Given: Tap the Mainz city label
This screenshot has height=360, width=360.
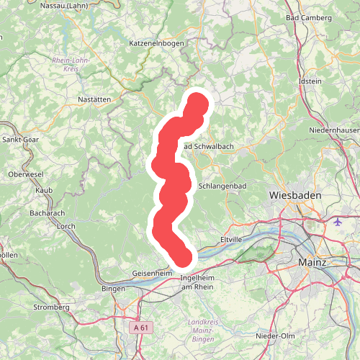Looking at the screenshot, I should tap(312, 264).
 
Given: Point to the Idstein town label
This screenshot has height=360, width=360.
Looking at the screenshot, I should tap(310, 81).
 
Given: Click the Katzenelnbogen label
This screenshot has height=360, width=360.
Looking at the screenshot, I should tap(156, 44).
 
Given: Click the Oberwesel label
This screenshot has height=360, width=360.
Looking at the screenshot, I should tap(27, 174).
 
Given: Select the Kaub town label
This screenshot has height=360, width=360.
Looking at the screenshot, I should tap(43, 190).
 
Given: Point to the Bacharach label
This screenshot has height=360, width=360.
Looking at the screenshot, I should tap(48, 214).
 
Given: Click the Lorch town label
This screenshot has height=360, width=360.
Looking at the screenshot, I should tap(65, 226).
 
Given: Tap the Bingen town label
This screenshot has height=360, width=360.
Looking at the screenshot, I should tap(114, 289).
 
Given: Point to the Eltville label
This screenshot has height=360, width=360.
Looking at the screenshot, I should tap(232, 238).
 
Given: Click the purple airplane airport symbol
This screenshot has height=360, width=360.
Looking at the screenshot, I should tap(339, 221).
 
